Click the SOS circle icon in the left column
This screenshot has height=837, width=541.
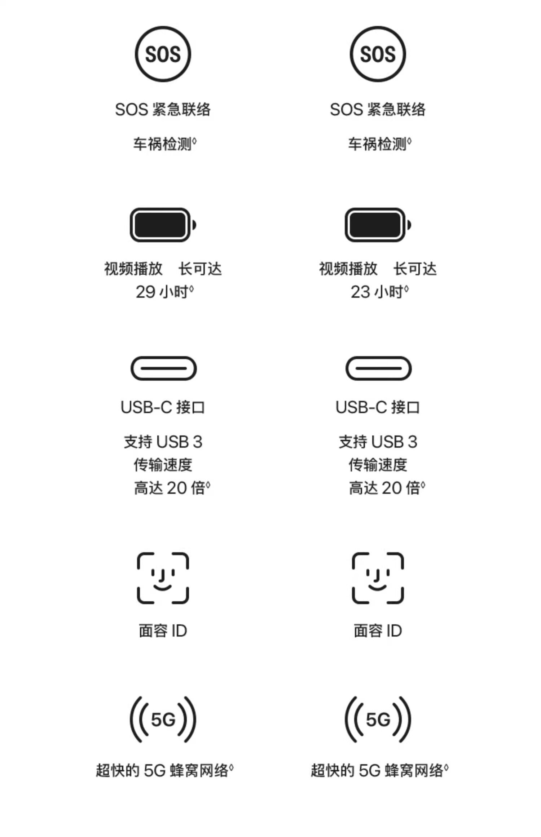(x=163, y=54)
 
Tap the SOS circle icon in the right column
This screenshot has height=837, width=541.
(x=378, y=54)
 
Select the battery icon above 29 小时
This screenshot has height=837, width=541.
(x=163, y=225)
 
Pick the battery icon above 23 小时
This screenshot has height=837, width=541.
(x=378, y=225)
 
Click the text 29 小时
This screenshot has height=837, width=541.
(x=164, y=292)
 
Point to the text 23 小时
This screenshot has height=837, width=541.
(x=379, y=292)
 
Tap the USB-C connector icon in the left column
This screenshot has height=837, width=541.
(x=163, y=368)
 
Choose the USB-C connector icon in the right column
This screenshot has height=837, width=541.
(x=378, y=368)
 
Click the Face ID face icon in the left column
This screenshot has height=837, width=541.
(x=163, y=578)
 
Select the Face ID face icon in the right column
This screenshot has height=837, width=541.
(x=378, y=578)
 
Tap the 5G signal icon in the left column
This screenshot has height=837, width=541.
(x=163, y=719)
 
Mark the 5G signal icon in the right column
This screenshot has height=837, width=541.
(x=378, y=719)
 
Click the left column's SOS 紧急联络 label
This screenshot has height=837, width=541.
(x=163, y=110)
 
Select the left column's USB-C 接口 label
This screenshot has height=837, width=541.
(x=163, y=407)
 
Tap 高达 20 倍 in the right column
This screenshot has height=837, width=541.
(x=386, y=488)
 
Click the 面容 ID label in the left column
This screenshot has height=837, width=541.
(x=163, y=631)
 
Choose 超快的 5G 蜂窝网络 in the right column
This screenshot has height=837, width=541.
(x=379, y=771)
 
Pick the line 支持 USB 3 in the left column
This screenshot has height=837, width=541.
(x=163, y=442)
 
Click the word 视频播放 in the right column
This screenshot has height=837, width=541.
(x=348, y=269)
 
